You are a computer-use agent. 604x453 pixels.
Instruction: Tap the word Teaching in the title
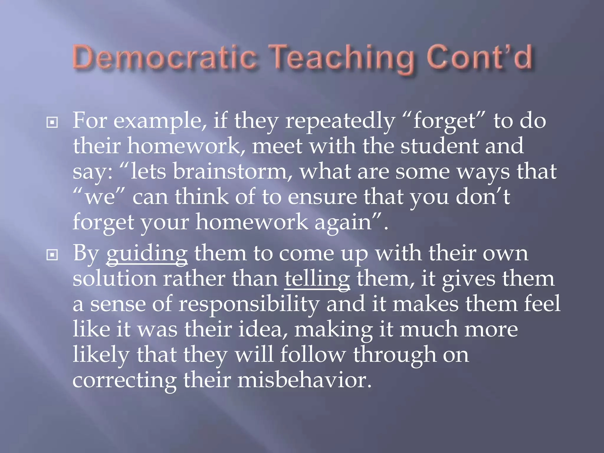pyautogui.click(x=342, y=58)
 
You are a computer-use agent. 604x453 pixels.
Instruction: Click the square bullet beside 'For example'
pyautogui.click(x=52, y=122)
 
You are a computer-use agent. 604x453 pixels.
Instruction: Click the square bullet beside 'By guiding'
pyautogui.click(x=52, y=255)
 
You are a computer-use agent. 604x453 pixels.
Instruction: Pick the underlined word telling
pyautogui.click(x=317, y=279)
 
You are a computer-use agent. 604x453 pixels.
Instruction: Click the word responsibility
pyautogui.click(x=249, y=305)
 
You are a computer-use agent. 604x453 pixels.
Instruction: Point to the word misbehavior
pyautogui.click(x=304, y=380)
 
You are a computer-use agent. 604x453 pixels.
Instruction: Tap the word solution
pyautogui.click(x=114, y=279)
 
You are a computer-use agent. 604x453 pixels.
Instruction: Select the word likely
pyautogui.click(x=101, y=355)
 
